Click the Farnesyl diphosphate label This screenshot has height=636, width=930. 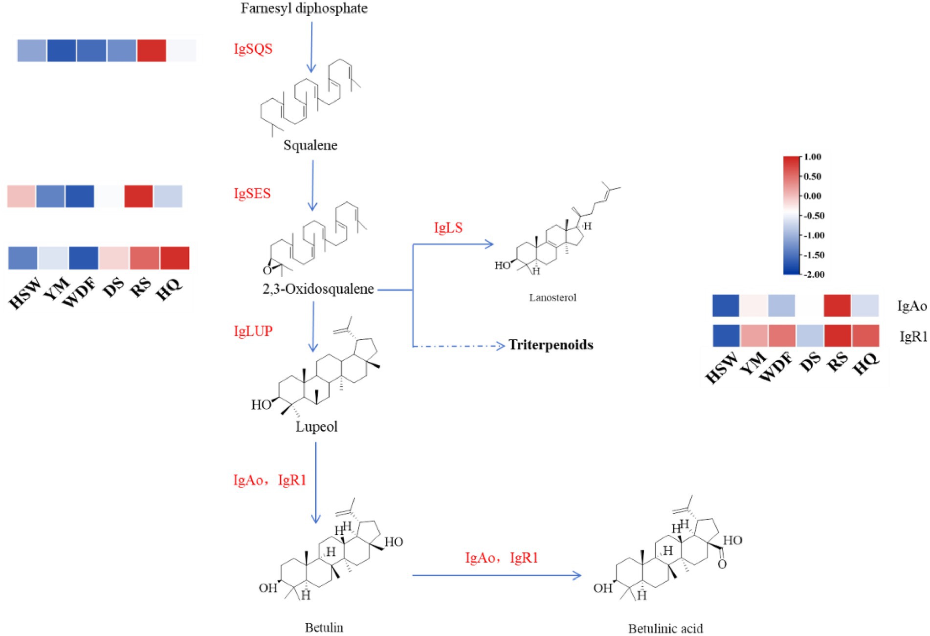click(x=304, y=8)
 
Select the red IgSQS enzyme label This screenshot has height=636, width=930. click(x=253, y=49)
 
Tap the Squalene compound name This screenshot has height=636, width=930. click(x=310, y=145)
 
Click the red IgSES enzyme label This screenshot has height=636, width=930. click(x=252, y=194)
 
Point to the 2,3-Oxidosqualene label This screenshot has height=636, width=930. click(x=318, y=289)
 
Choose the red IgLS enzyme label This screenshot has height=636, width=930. click(x=448, y=228)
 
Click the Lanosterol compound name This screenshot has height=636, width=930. click(x=553, y=297)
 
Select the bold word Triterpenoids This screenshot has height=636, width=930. click(x=551, y=345)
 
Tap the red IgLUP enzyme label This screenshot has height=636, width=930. click(x=253, y=331)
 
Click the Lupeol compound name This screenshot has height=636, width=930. click(x=316, y=427)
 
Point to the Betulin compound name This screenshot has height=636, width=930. click(x=324, y=627)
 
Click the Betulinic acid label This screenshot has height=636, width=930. click(x=665, y=628)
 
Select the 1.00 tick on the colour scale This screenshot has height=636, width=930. click(x=812, y=157)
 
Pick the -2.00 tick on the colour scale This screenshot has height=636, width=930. click(x=814, y=275)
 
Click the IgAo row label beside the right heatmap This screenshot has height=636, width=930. click(x=911, y=306)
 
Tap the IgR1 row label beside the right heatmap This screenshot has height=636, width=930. click(x=913, y=336)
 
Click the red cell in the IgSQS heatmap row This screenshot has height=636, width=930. click(x=152, y=50)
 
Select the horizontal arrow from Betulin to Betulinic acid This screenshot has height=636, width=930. click(x=496, y=575)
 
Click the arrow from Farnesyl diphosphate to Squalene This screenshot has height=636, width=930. click(x=311, y=47)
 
